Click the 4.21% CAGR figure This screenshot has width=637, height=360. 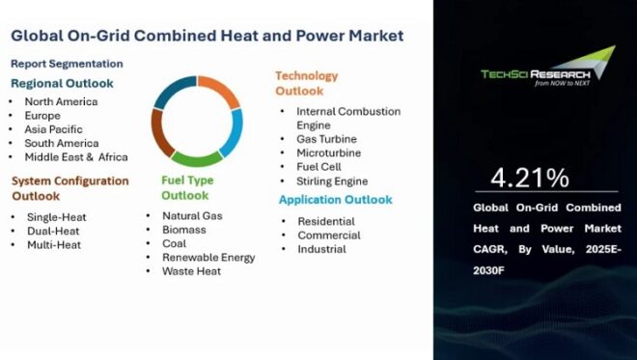pyautogui.click(x=529, y=179)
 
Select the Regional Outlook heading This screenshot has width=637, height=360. pyautogui.click(x=61, y=83)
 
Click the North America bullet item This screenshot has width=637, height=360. pyautogui.click(x=60, y=100)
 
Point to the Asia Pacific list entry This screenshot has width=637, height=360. pyautogui.click(x=53, y=128)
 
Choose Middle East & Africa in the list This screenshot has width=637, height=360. pyautogui.click(x=76, y=156)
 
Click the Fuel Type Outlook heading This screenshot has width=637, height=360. pyautogui.click(x=187, y=187)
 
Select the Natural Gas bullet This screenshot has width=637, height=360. pyautogui.click(x=192, y=215)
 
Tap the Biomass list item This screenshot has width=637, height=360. pyautogui.click(x=184, y=230)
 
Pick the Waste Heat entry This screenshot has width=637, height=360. pyautogui.click(x=191, y=271)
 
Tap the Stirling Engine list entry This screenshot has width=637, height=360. pyautogui.click(x=332, y=180)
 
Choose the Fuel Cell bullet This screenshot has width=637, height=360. pyautogui.click(x=319, y=166)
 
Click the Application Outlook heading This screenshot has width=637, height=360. pyautogui.click(x=335, y=200)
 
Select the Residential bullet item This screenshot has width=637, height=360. pyautogui.click(x=325, y=221)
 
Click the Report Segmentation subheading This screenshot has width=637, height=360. pyautogui.click(x=67, y=64)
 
